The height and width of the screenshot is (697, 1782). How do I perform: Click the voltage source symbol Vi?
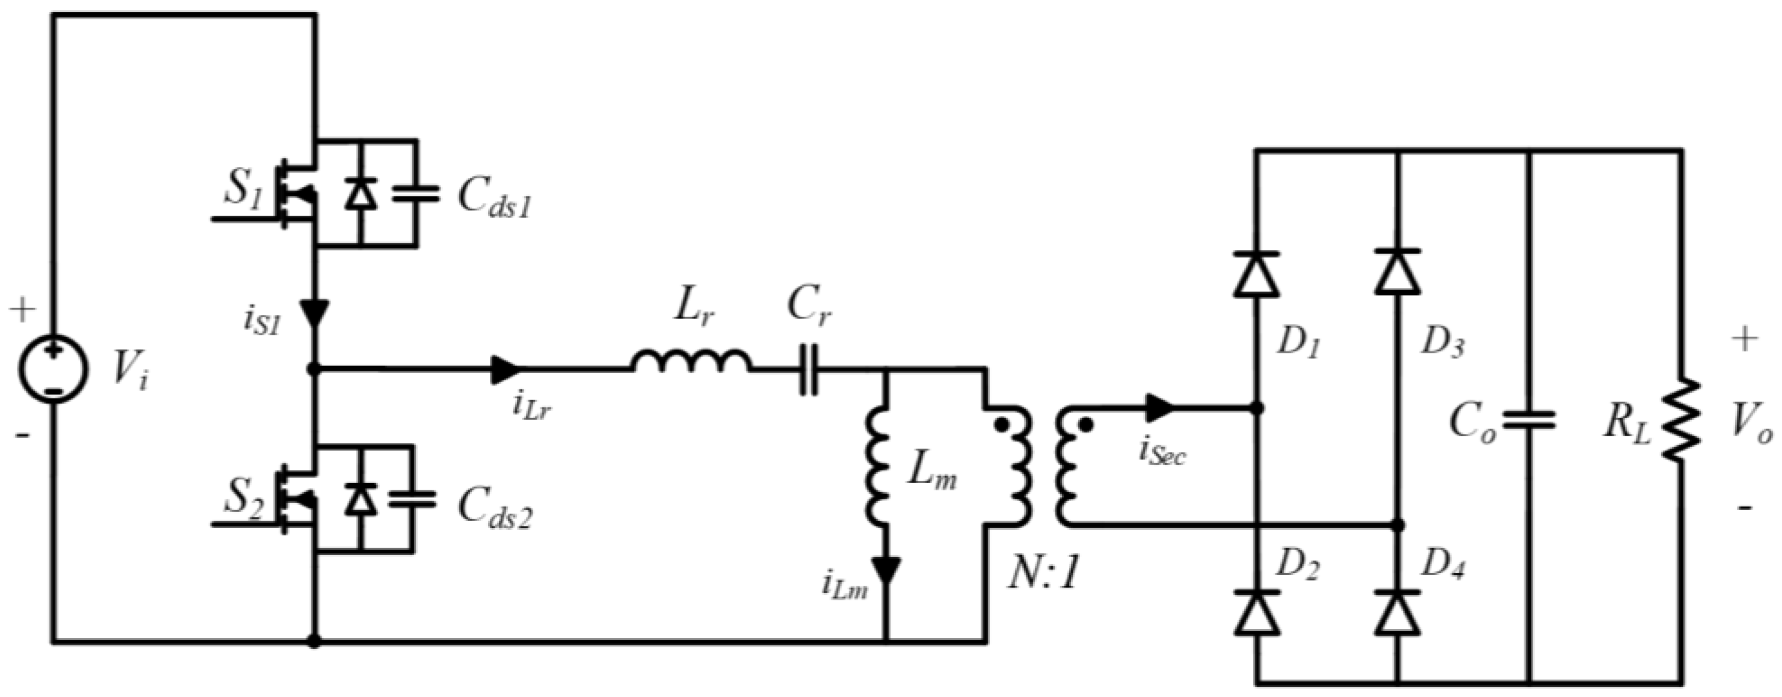pyautogui.click(x=53, y=370)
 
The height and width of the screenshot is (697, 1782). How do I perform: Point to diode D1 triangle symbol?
pyautogui.click(x=1256, y=275)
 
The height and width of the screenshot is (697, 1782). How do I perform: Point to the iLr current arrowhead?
pyautogui.click(x=505, y=370)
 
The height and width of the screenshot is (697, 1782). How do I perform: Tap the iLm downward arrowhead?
pyautogui.click(x=886, y=570)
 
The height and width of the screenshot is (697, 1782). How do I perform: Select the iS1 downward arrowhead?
pyautogui.click(x=316, y=315)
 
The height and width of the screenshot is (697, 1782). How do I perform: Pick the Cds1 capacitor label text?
pyautogui.click(x=495, y=200)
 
